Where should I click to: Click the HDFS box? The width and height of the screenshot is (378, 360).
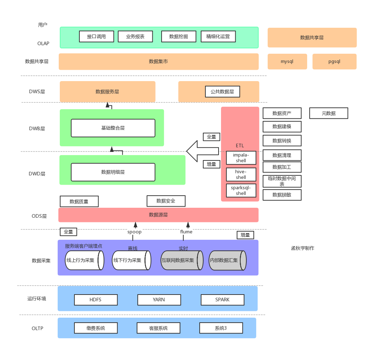point(96,300)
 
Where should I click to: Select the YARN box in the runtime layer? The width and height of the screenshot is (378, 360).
point(159,300)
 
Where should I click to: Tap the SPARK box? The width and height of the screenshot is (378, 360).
point(222,300)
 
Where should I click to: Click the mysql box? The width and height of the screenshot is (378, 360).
point(287,62)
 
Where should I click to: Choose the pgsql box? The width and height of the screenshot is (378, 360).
point(334,62)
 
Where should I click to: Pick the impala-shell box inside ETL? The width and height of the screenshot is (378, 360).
point(241,158)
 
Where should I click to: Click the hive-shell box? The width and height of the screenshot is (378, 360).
point(241,174)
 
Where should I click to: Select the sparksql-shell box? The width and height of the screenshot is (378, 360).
point(241,190)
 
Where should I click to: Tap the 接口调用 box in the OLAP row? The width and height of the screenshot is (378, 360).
point(96,36)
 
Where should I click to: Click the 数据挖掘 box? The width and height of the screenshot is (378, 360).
point(179,36)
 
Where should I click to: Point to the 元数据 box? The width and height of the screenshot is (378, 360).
point(329,113)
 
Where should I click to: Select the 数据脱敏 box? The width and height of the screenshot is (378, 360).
point(282,195)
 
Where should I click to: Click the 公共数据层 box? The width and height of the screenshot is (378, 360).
point(222,91)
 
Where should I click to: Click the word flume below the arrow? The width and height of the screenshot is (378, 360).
point(186,232)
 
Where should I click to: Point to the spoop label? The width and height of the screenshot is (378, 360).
point(135,232)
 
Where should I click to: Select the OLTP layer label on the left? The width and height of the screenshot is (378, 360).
point(37,328)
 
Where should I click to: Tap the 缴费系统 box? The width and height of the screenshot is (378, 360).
point(96,328)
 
